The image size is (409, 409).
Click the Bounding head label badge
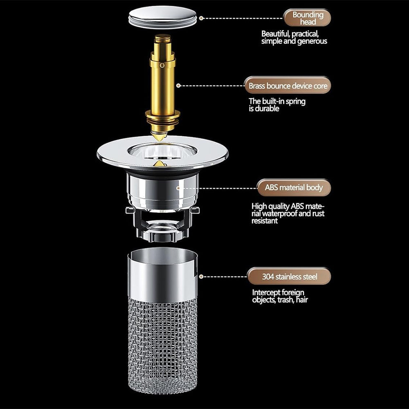click(x=307, y=18)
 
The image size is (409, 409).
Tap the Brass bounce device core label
click(x=288, y=85)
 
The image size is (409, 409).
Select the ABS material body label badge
click(x=294, y=188)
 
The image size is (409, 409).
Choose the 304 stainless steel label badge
click(x=289, y=276)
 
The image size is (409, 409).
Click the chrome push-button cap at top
click(x=162, y=17)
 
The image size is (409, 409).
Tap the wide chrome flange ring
click(x=162, y=154)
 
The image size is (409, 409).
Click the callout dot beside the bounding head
click(x=201, y=18)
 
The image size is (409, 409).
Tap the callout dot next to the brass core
click(x=178, y=85)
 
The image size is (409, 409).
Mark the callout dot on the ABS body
click(x=178, y=188)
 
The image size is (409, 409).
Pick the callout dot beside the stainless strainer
click(x=201, y=276)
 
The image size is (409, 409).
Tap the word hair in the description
click(x=302, y=299)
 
